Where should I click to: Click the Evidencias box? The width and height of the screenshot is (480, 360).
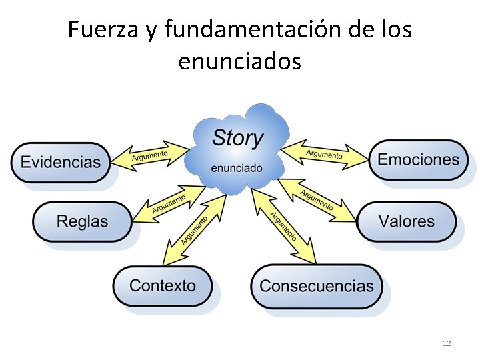[60, 162]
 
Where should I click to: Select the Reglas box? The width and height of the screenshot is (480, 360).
[82, 221]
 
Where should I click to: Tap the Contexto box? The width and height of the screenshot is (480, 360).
[163, 287]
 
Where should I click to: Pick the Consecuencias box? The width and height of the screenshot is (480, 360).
[317, 287]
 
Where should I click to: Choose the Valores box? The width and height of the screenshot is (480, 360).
[406, 221]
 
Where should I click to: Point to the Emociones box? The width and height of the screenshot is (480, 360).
[418, 160]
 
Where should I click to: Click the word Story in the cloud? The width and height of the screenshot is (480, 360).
[237, 139]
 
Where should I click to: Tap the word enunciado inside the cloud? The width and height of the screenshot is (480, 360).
[236, 167]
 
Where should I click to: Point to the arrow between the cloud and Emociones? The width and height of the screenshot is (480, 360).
[325, 154]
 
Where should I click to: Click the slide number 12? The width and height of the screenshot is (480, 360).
[447, 343]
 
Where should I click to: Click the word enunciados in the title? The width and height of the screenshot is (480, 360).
[240, 61]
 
